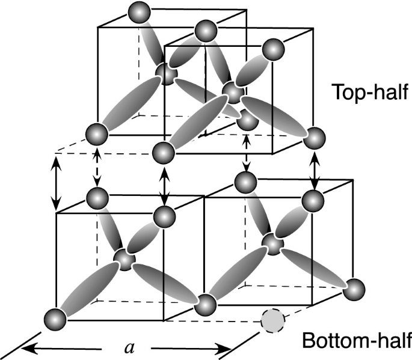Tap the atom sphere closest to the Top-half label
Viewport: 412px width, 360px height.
[x=274, y=48]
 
